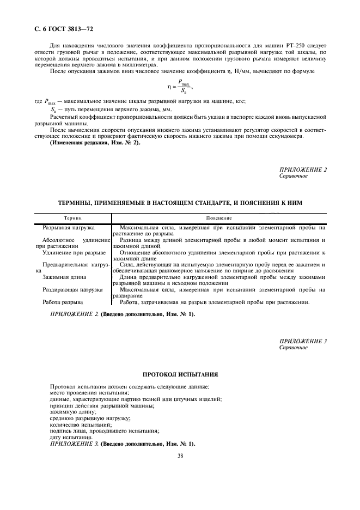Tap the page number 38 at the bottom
click(x=180, y=456)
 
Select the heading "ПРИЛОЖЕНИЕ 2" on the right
click(x=303, y=169)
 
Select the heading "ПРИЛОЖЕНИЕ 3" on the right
click(x=303, y=341)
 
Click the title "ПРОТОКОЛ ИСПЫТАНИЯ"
click(x=180, y=375)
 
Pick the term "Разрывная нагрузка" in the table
click(x=69, y=226)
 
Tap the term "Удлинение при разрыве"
click(x=74, y=253)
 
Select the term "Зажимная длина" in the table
click(x=65, y=277)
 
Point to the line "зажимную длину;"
click(x=72, y=412)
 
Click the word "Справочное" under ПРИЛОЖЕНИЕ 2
click(x=294, y=176)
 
